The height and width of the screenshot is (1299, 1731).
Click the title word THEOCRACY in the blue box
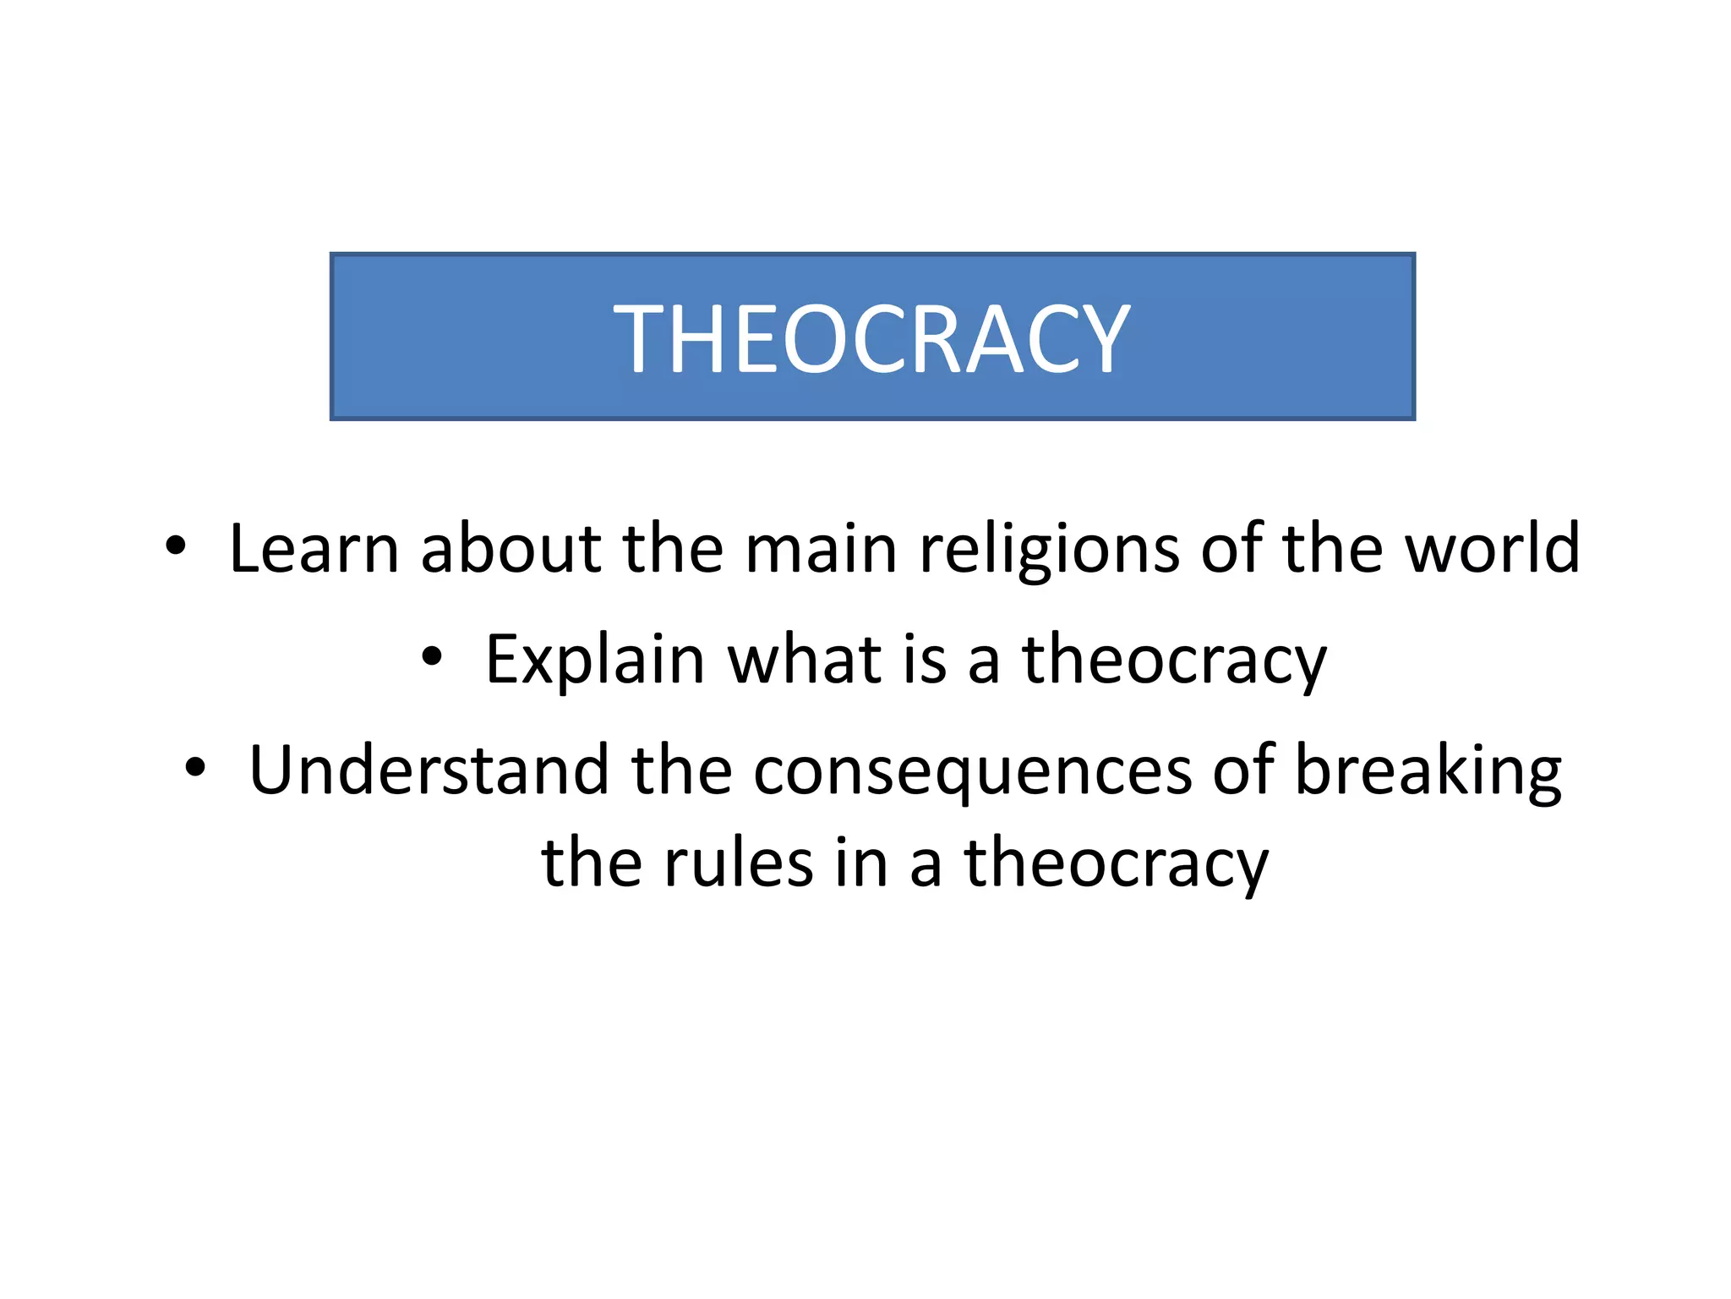[x=871, y=339]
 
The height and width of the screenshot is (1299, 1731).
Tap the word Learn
[x=314, y=548]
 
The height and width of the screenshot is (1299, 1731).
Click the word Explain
[x=595, y=660]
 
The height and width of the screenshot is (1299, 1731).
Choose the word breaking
[x=1428, y=771]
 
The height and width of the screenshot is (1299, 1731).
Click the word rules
[x=739, y=863]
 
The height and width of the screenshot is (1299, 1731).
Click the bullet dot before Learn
[x=175, y=546]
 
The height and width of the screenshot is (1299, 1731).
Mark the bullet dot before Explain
[x=432, y=657]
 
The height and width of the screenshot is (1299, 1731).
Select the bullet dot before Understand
[x=195, y=768]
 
